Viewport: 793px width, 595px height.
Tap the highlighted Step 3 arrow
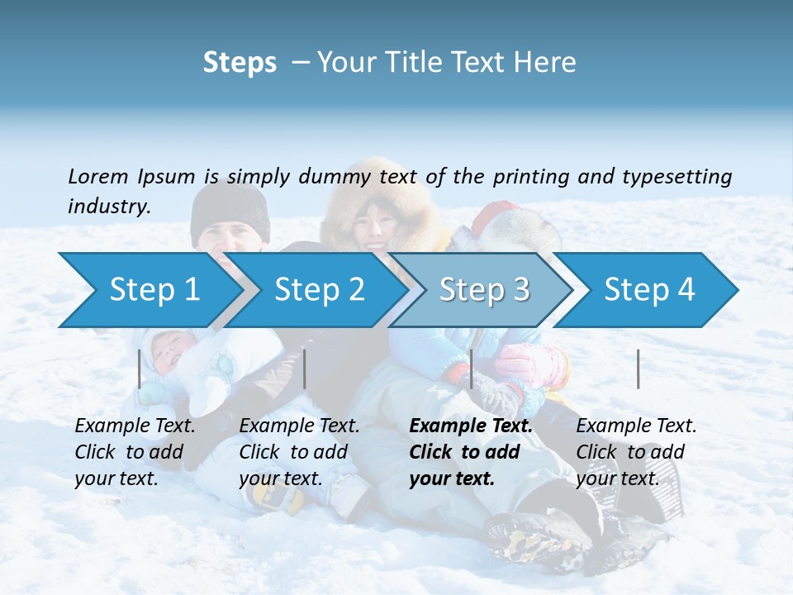pyautogui.click(x=484, y=290)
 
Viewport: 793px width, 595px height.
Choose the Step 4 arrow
pyautogui.click(x=649, y=290)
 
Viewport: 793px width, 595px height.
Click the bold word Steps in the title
pyautogui.click(x=240, y=63)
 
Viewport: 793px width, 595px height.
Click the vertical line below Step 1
pyautogui.click(x=140, y=369)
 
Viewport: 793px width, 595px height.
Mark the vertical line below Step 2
pyautogui.click(x=305, y=369)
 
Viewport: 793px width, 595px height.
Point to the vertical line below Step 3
pyautogui.click(x=471, y=369)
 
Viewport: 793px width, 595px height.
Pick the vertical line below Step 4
pyautogui.click(x=638, y=369)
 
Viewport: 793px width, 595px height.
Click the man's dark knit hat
pyautogui.click(x=230, y=210)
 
